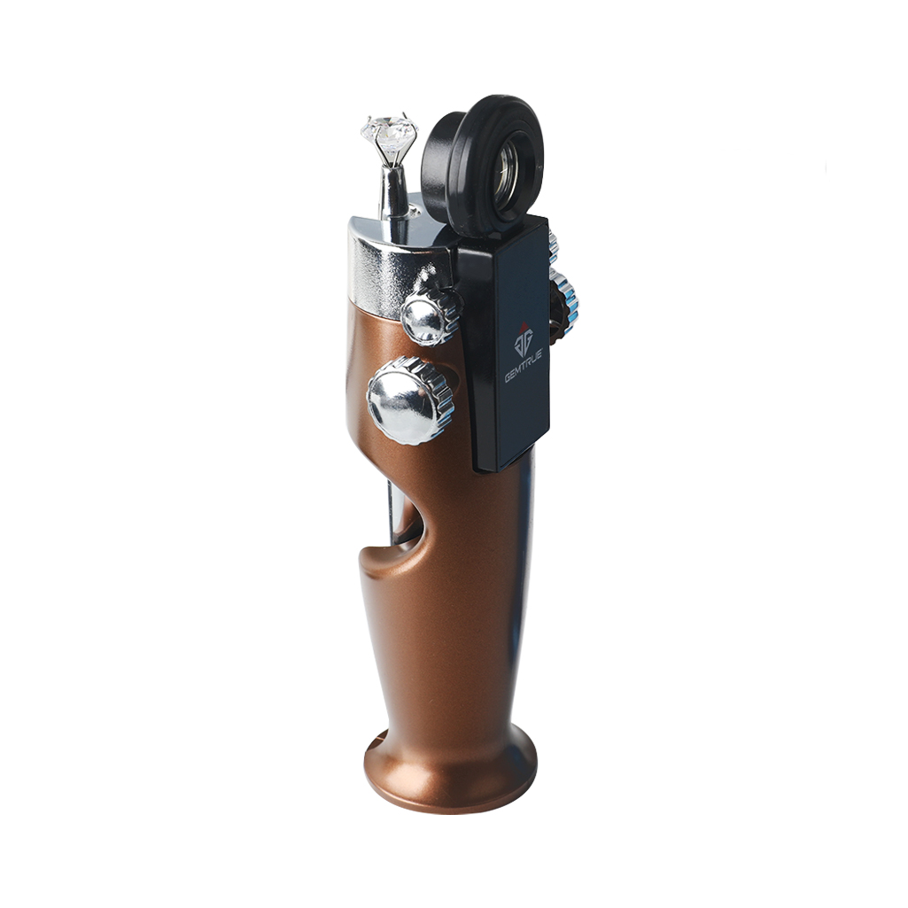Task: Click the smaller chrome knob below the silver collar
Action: coord(431,315)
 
